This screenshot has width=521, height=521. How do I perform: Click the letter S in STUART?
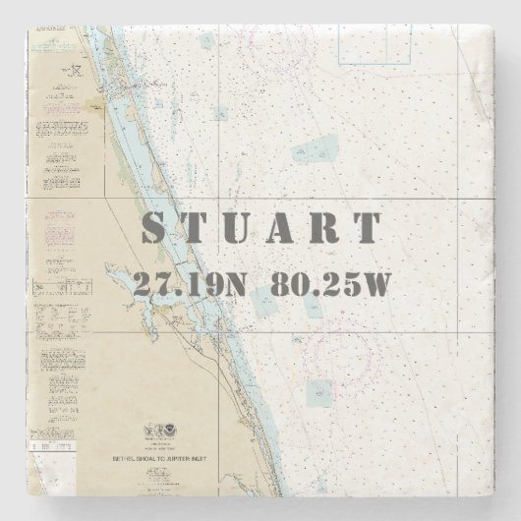point(157,228)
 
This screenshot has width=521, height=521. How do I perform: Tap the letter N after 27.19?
point(232,284)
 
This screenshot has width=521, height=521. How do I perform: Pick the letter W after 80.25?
point(378,284)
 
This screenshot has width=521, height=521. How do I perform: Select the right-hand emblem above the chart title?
point(175,432)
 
